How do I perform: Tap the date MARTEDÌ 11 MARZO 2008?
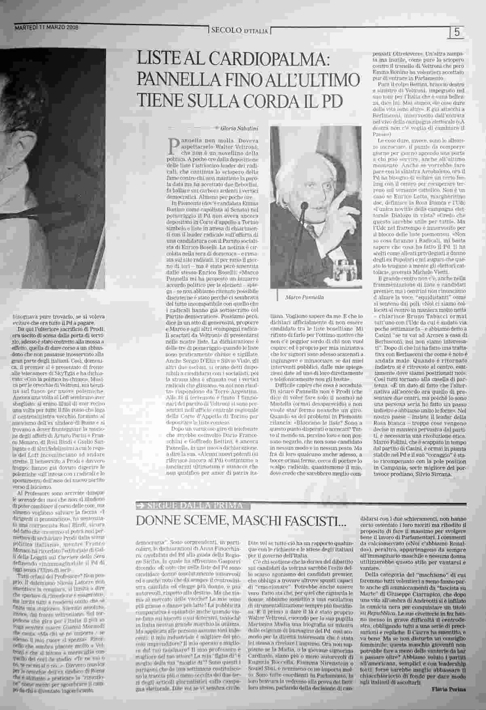point(46,28)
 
